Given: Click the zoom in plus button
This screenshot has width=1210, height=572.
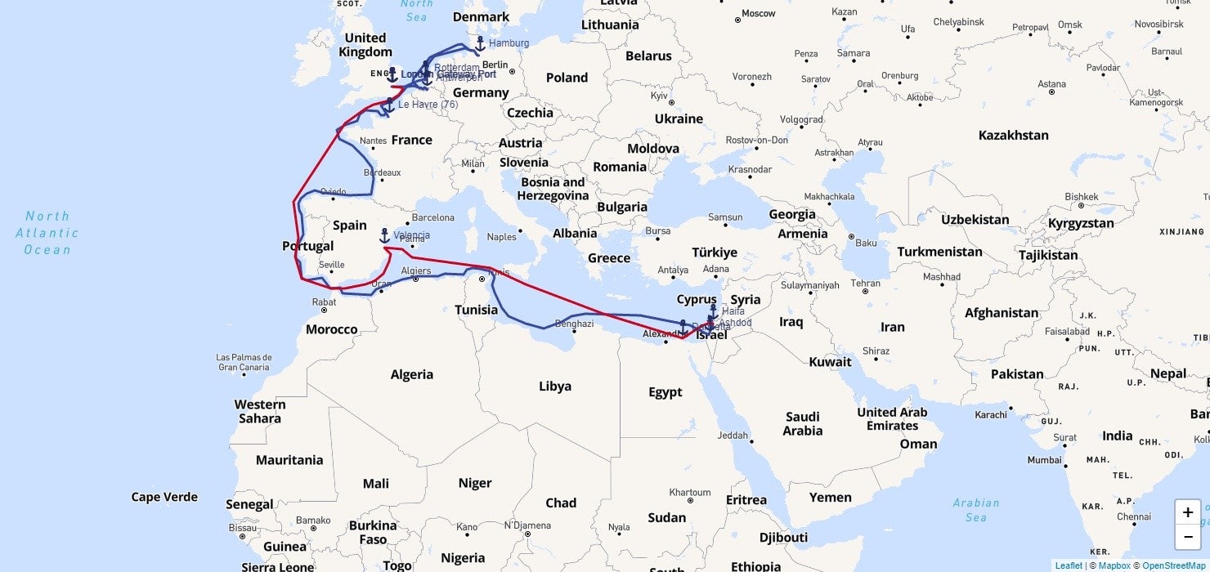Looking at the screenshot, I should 1187,512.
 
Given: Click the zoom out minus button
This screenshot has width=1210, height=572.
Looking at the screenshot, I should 1187,537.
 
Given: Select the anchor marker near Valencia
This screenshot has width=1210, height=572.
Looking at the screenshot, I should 384,235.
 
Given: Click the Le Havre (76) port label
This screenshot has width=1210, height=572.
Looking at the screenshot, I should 428,105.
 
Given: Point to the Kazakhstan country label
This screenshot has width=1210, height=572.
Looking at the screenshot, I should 1013,135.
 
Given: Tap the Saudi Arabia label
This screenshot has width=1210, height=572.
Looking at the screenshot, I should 802,423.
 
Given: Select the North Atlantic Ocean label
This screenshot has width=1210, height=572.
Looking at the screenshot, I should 47,233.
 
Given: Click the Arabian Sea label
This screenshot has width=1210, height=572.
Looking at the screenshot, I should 975,510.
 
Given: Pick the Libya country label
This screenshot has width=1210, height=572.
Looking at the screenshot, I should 554,386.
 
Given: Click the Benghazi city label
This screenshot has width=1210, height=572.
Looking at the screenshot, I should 574,324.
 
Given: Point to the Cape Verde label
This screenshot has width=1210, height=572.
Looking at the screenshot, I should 164,497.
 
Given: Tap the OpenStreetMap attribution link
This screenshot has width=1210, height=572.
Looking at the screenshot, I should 1173,565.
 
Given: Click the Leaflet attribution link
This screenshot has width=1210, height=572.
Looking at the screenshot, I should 1068,565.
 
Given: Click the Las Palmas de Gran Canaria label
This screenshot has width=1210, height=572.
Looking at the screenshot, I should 244,362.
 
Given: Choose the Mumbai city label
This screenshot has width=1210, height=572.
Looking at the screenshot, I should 1044,460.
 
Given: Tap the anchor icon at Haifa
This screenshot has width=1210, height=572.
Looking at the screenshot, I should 713,311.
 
